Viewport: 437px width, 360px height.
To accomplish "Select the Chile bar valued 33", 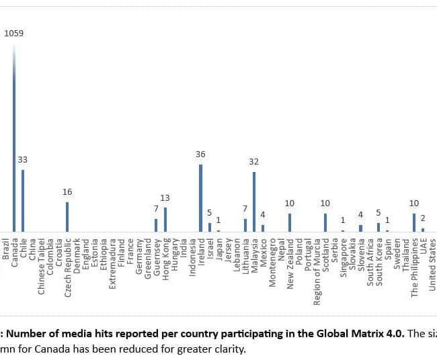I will [23, 200].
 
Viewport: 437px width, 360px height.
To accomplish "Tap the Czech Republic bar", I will [67, 216].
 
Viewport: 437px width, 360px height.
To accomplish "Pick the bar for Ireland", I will [200, 198].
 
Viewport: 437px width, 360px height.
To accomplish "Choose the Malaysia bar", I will [253, 201].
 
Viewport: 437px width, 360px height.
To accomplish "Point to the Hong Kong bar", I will [165, 220].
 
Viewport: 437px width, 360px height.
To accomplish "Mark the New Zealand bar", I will [289, 222].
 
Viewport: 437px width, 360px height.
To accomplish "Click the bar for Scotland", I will [325, 222].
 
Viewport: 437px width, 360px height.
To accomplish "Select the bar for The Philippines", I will [414, 222].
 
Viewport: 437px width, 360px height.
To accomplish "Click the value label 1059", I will [15, 32].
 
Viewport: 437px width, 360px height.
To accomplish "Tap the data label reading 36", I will [200, 154].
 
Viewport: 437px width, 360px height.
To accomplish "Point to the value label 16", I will [67, 191].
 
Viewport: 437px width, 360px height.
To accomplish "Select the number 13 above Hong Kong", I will [165, 197].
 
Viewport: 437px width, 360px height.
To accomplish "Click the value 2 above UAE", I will [423, 218].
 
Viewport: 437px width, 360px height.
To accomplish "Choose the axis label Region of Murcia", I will [317, 271].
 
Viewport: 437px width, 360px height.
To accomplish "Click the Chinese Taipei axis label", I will [41, 265].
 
